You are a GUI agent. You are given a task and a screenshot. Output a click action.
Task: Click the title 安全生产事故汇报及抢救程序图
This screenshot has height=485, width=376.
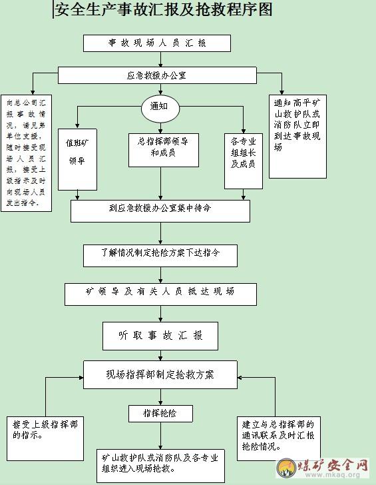tap(164, 9)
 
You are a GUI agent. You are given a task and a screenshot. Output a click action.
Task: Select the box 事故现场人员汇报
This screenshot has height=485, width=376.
tap(157, 43)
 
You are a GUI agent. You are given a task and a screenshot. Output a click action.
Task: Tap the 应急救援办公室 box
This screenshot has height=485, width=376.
tap(157, 75)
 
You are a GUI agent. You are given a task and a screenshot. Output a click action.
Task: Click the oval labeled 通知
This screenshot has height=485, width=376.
tap(160, 109)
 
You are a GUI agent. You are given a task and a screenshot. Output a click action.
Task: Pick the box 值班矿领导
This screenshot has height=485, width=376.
tap(78, 159)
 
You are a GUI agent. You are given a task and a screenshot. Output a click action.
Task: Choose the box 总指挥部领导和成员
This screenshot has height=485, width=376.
tap(164, 150)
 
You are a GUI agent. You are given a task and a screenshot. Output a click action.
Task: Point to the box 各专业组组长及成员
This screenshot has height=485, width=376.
tap(244, 161)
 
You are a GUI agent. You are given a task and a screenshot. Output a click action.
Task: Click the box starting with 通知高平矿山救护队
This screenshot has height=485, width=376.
tap(297, 137)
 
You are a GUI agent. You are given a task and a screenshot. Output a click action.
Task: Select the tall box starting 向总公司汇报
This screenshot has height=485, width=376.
tap(26, 153)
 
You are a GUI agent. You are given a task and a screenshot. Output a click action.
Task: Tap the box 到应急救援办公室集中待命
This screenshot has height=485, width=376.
tap(160, 211)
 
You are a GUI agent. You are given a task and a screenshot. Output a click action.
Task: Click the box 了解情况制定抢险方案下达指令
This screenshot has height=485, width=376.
tap(160, 256)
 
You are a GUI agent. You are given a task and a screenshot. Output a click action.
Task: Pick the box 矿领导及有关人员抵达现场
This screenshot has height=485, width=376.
tap(160, 294)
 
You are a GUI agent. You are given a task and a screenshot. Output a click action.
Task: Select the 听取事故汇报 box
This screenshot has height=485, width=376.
tap(160, 336)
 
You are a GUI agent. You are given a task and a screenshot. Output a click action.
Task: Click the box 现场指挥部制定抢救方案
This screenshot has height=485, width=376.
tap(160, 374)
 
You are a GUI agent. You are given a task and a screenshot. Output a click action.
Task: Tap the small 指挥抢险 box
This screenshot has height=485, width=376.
tap(160, 414)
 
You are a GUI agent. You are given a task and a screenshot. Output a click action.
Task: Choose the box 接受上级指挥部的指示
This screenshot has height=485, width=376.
tap(45, 438)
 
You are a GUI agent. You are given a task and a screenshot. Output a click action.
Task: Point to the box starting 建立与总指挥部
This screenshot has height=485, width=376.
tap(279, 438)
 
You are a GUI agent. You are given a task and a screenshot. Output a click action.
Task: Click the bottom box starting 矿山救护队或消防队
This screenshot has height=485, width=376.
tap(160, 466)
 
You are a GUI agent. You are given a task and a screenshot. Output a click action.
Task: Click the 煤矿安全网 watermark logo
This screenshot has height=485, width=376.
tap(323, 468)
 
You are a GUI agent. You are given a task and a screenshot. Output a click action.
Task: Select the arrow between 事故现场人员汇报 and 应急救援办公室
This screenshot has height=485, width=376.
tap(160, 59)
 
